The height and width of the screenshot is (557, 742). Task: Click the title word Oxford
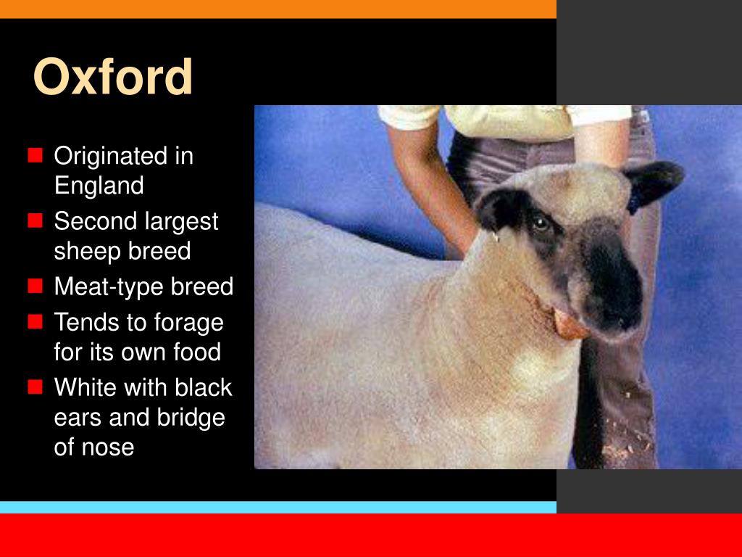[x=113, y=76]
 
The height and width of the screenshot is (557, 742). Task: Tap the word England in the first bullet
[x=99, y=186]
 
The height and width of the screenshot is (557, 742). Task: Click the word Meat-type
[x=109, y=287]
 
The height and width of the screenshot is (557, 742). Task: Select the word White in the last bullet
[x=86, y=387]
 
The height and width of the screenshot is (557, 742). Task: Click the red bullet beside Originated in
[x=35, y=156]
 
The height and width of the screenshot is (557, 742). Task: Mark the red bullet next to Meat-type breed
[x=35, y=287]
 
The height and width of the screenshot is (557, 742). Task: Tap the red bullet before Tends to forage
[x=35, y=322]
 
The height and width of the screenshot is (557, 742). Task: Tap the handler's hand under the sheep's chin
[x=570, y=325]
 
